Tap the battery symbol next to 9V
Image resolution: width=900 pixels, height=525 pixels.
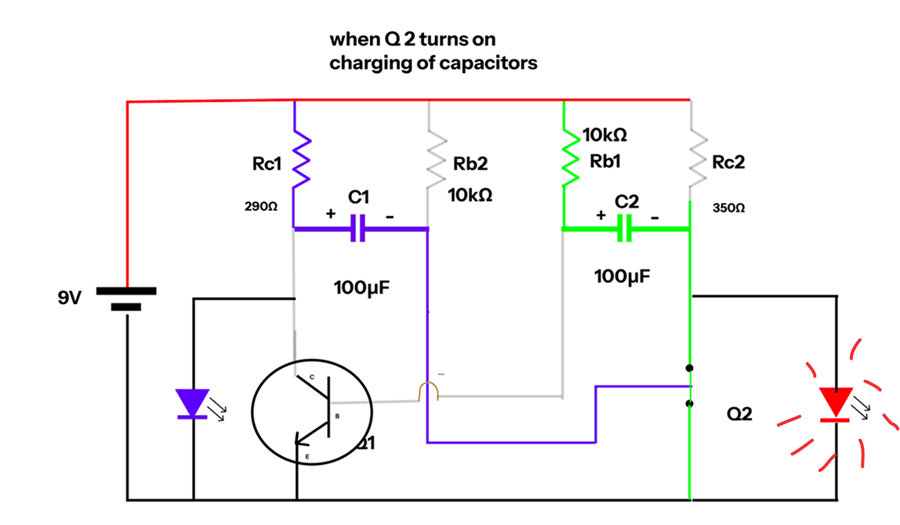point(126,299)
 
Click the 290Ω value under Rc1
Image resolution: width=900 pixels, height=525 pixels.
point(261,208)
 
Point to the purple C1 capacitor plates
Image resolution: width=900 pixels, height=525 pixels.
point(357,228)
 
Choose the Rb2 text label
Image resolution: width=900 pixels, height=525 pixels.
point(470,164)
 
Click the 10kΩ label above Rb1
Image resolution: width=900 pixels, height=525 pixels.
point(604,136)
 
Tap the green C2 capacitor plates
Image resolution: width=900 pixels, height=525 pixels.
point(625,229)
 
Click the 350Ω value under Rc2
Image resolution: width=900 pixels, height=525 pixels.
point(728,209)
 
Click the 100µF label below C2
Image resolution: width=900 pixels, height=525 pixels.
point(622,276)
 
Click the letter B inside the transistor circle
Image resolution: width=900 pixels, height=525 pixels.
point(338,415)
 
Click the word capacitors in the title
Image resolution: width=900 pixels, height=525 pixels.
point(488,63)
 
